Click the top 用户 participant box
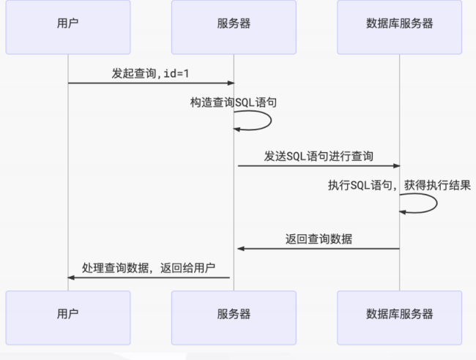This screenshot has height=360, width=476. click(67, 27)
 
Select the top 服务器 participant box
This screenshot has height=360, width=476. click(234, 27)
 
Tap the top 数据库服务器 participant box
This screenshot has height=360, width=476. click(399, 27)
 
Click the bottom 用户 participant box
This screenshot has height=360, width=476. click(67, 313)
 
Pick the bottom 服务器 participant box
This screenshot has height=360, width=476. click(234, 313)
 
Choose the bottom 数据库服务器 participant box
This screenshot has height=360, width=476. click(399, 313)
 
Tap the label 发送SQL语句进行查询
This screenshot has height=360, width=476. click(319, 156)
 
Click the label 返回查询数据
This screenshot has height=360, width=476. click(319, 239)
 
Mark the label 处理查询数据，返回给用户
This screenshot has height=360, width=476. click(149, 267)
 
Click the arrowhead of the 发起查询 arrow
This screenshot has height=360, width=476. click(230, 83)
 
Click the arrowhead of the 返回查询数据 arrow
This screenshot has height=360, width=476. click(240, 249)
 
